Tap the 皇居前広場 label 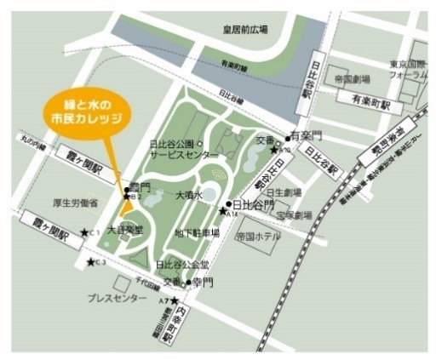[x=243, y=29]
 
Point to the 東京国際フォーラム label [x=407, y=68]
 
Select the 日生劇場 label [x=281, y=192]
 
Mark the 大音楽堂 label [x=120, y=231]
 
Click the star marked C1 [x=83, y=231]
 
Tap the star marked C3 [x=90, y=260]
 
